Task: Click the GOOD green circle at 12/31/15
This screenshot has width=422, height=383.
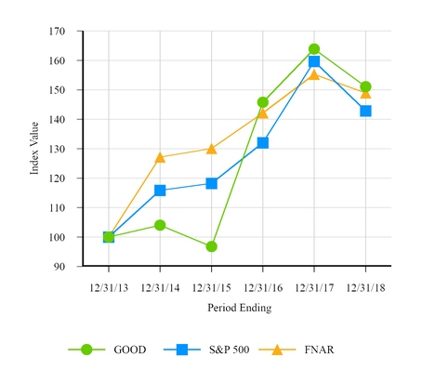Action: click(x=212, y=246)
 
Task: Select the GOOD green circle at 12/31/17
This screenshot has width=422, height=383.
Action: click(x=314, y=49)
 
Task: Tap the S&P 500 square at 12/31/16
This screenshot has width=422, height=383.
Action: click(x=263, y=143)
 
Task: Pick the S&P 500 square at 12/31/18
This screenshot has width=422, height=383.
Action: click(x=365, y=111)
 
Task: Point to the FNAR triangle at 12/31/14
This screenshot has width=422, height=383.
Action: click(x=160, y=157)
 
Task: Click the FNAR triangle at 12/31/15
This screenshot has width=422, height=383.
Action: click(x=212, y=149)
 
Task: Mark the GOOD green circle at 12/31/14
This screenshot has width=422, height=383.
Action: click(x=160, y=225)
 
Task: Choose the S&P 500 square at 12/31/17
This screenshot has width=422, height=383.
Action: click(x=314, y=61)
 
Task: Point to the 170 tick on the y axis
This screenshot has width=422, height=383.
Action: click(x=58, y=32)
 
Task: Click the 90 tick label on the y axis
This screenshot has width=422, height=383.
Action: click(x=60, y=267)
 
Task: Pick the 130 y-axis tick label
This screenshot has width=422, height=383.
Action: click(x=58, y=150)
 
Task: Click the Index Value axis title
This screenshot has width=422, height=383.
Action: click(x=34, y=150)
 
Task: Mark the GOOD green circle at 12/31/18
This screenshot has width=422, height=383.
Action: click(x=365, y=86)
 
